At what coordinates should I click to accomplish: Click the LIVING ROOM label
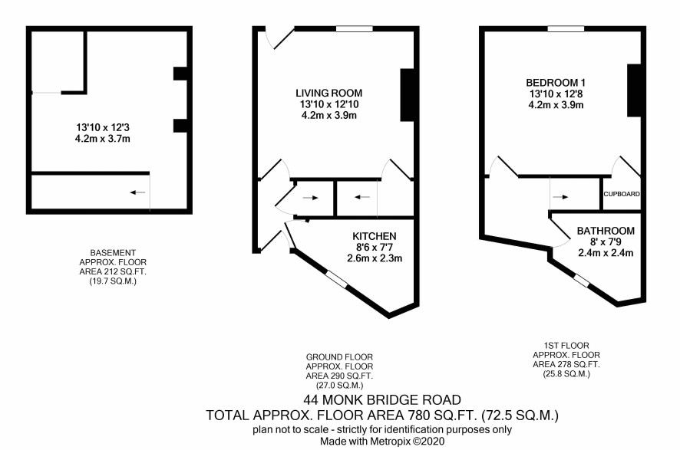point(328,93)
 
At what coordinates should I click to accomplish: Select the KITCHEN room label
point(375,236)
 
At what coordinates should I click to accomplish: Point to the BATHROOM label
point(606,231)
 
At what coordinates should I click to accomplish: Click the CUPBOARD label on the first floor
point(622,194)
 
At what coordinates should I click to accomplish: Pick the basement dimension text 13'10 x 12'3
point(103,127)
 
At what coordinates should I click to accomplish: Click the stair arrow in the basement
point(137,192)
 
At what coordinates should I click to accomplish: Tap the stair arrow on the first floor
point(560,197)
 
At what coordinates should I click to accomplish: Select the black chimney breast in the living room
point(407,95)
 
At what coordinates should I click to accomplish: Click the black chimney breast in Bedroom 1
point(634,90)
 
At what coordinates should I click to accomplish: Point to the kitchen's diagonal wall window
point(337,278)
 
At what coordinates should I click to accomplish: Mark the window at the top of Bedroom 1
point(566,29)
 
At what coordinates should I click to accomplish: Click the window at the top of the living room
point(355,29)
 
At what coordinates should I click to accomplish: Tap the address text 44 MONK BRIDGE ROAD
point(382,399)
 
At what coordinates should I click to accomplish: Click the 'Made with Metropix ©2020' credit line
point(382,442)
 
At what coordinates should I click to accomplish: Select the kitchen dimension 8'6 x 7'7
point(375,248)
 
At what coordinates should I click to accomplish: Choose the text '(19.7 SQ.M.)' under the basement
point(112,281)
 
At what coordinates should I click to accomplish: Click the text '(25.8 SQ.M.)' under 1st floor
point(566,374)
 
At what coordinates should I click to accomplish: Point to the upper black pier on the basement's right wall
point(180,74)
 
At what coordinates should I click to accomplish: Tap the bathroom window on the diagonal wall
point(582,281)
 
